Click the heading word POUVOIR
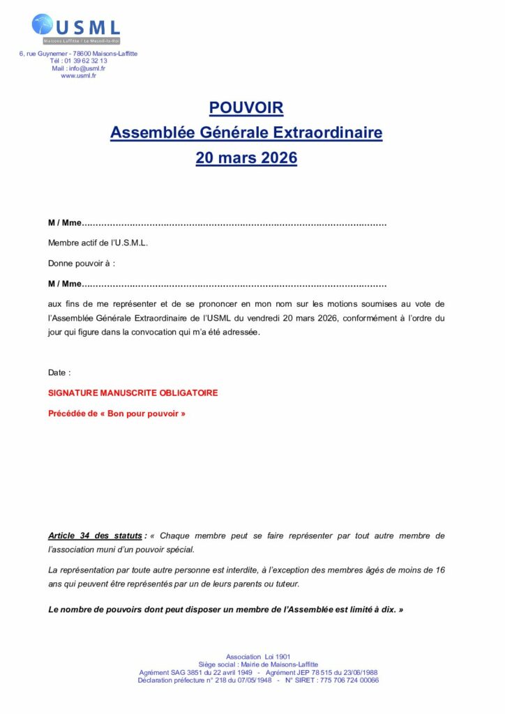tap(246, 108)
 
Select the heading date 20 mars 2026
tap(246, 158)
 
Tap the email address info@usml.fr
tap(87, 68)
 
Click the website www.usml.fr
tap(78, 76)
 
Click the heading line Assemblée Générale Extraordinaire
tap(246, 132)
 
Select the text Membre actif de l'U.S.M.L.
tap(98, 243)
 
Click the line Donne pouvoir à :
tap(81, 264)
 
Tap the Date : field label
tap(59, 373)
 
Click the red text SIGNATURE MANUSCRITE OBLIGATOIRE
tap(133, 393)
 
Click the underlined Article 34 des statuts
tap(95, 536)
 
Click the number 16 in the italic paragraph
tap(439, 570)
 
